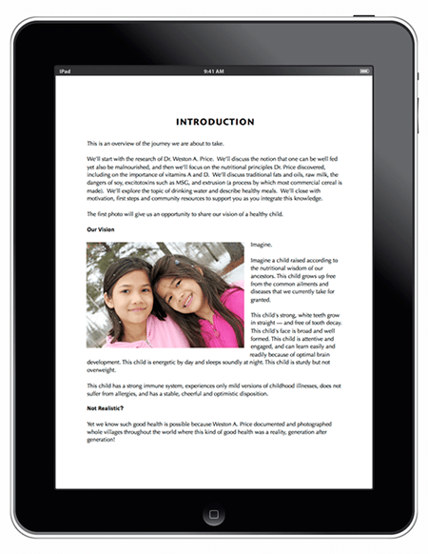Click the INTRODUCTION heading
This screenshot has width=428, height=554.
[215, 122]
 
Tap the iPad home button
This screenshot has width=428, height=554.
[214, 515]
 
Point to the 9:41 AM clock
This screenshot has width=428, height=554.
[214, 70]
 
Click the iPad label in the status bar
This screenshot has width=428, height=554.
[65, 70]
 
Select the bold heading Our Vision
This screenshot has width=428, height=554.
[106, 229]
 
